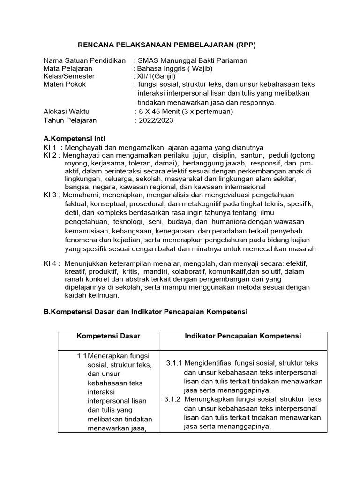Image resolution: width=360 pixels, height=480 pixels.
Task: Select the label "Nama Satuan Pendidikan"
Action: pos(84,60)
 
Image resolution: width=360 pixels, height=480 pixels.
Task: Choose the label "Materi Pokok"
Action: pos(65,84)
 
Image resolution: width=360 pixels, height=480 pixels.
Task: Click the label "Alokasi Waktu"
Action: pos(66,112)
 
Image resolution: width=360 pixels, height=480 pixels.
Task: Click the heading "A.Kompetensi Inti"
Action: pos(74,139)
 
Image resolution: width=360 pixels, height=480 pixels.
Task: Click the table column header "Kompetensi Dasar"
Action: pos(108,336)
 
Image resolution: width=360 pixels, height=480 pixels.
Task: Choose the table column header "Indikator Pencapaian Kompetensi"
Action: pos(243,336)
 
